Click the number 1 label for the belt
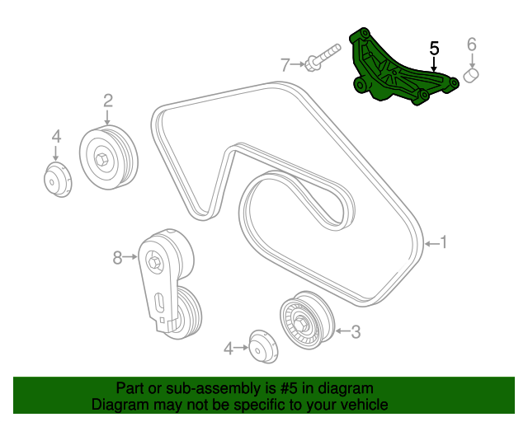coord(443,242)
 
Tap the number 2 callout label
coord(107,101)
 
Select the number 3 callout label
coord(356,332)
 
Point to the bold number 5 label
coord(434,49)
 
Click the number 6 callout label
coord(472,44)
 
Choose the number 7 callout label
coord(285,63)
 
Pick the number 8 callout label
coord(117,258)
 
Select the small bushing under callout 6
coord(472,77)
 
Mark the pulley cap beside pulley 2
coord(56,181)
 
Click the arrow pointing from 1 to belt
coord(430,243)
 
